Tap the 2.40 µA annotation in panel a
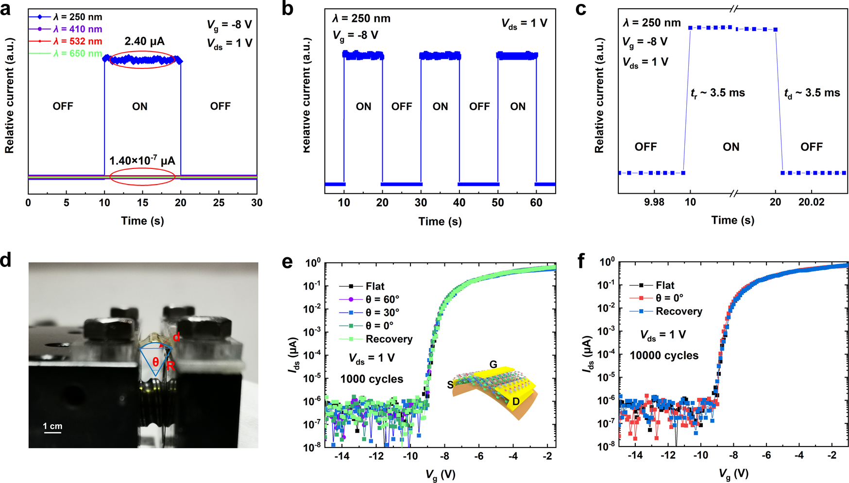[142, 42]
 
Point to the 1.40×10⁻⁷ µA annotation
[142, 161]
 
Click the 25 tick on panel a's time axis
[219, 202]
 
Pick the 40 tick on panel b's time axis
[459, 202]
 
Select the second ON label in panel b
[440, 107]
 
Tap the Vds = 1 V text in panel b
[524, 24]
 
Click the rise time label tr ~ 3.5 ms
[717, 93]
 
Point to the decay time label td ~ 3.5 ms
[812, 93]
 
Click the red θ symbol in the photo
[155, 362]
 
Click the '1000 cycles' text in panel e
[372, 379]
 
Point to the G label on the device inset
[493, 365]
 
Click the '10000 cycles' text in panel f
[664, 355]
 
